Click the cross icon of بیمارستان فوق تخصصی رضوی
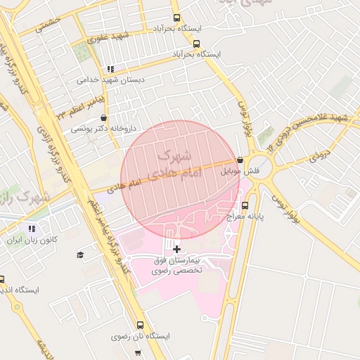[176, 249]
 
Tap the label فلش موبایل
[240, 171]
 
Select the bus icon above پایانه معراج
[245, 205]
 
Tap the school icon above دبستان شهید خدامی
[110, 69]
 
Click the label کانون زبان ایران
[30, 240]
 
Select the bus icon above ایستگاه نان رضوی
[140, 325]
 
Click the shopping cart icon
[138, 352]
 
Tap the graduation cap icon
[79, 255]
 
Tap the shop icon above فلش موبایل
[240, 160]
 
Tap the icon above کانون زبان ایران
[31, 229]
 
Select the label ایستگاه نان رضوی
[141, 336]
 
